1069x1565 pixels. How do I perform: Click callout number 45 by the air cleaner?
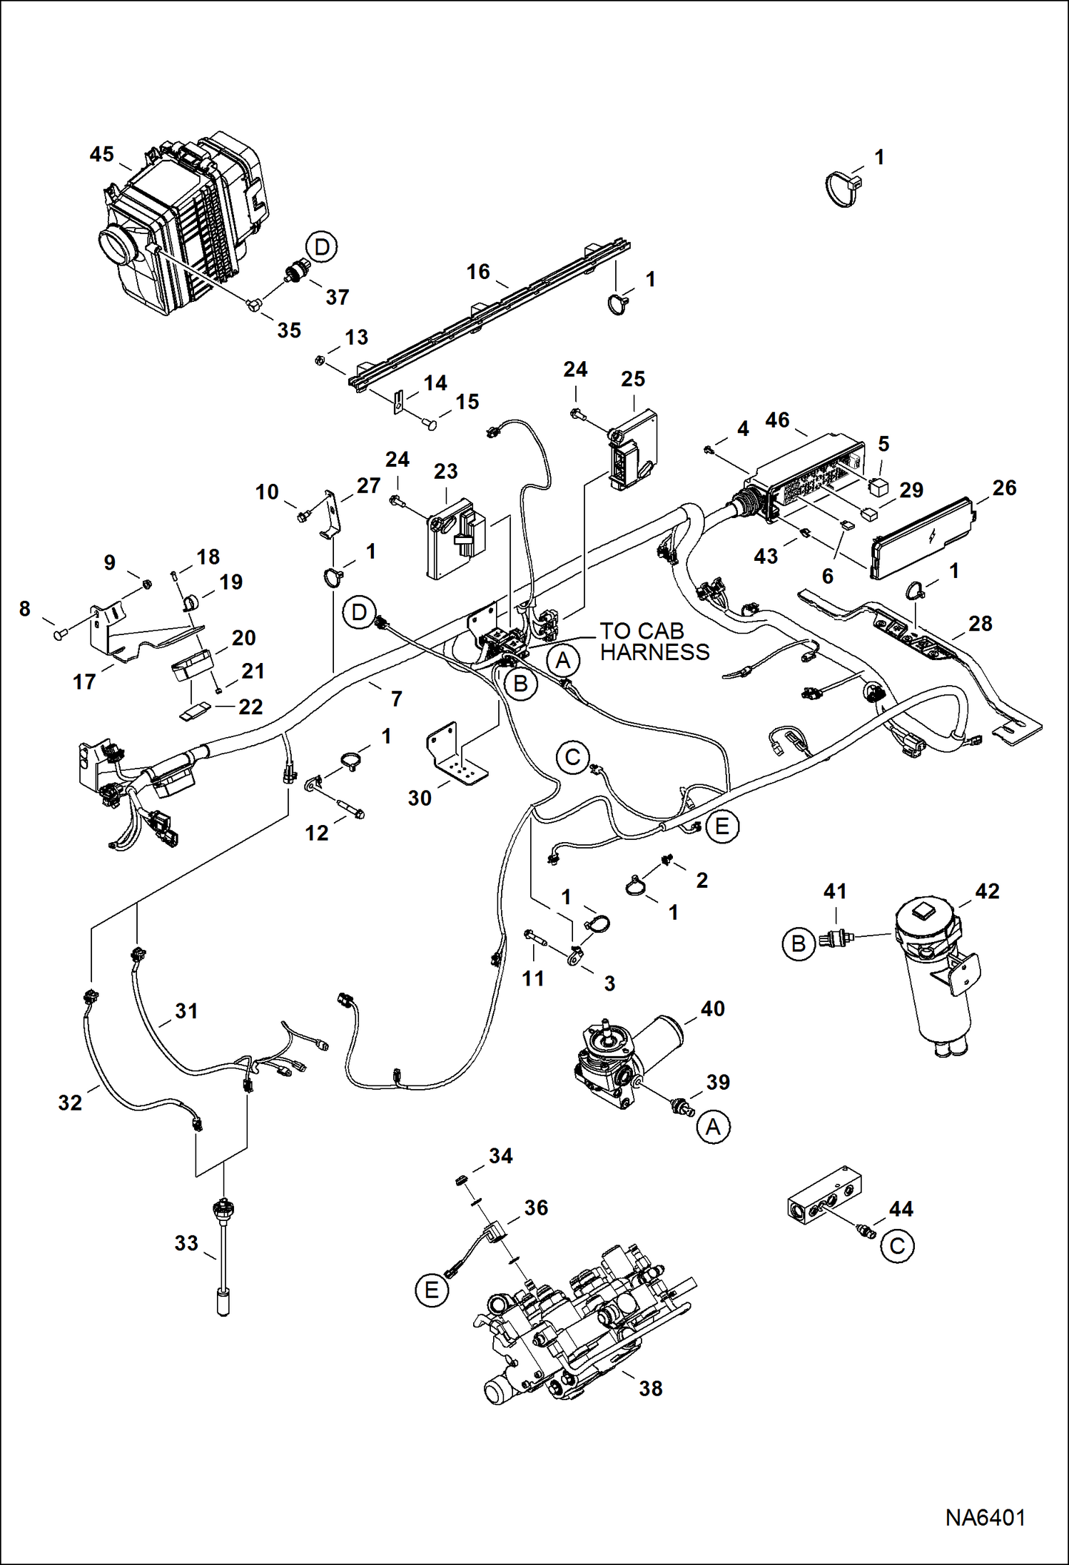click(x=102, y=154)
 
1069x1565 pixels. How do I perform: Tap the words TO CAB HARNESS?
click(x=654, y=642)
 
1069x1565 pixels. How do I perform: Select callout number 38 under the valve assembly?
click(x=650, y=1388)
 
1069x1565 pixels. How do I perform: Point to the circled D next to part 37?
click(x=322, y=248)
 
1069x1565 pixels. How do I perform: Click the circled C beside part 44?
click(x=897, y=1247)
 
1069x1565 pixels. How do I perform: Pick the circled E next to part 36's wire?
click(x=432, y=1290)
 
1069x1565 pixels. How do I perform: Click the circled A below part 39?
click(x=713, y=1128)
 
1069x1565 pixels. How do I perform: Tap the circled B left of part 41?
click(x=799, y=944)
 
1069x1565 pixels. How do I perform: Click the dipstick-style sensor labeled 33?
click(x=224, y=1256)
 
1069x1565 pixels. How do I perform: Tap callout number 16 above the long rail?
click(x=478, y=272)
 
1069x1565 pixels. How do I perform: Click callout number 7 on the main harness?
click(x=397, y=699)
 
